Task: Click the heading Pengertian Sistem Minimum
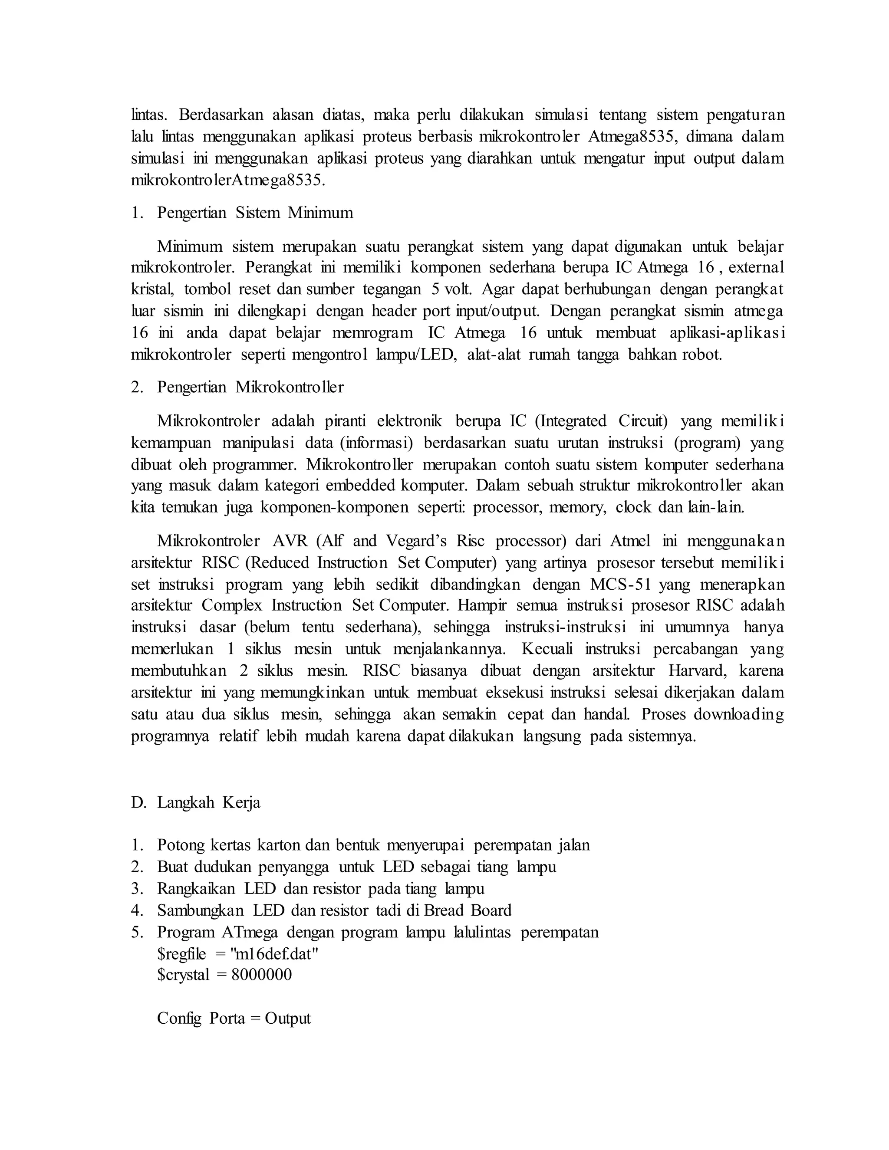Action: click(x=255, y=213)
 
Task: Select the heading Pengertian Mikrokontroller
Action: click(x=250, y=388)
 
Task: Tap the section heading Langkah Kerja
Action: click(x=208, y=802)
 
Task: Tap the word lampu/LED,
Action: click(x=417, y=355)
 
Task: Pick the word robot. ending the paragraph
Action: click(x=702, y=355)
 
